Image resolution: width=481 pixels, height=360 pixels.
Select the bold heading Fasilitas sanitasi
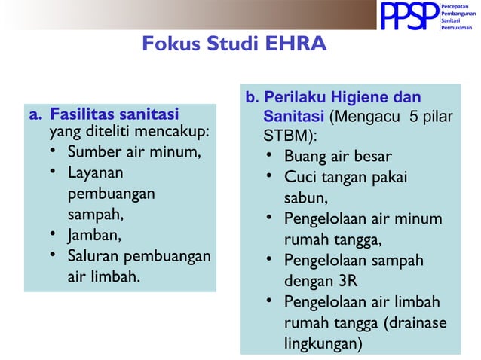114,114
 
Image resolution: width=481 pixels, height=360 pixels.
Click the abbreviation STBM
286,138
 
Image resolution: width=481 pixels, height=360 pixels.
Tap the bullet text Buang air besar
338,157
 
